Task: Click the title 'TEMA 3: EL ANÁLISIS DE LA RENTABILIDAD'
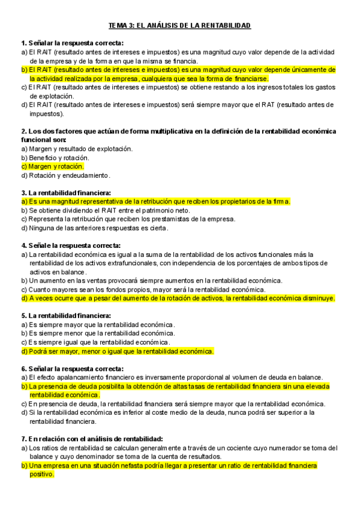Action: click(179, 26)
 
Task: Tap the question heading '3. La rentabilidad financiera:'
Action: click(65, 193)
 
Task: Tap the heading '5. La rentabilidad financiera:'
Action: click(65, 316)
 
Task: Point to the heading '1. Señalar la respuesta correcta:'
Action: click(72, 43)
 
